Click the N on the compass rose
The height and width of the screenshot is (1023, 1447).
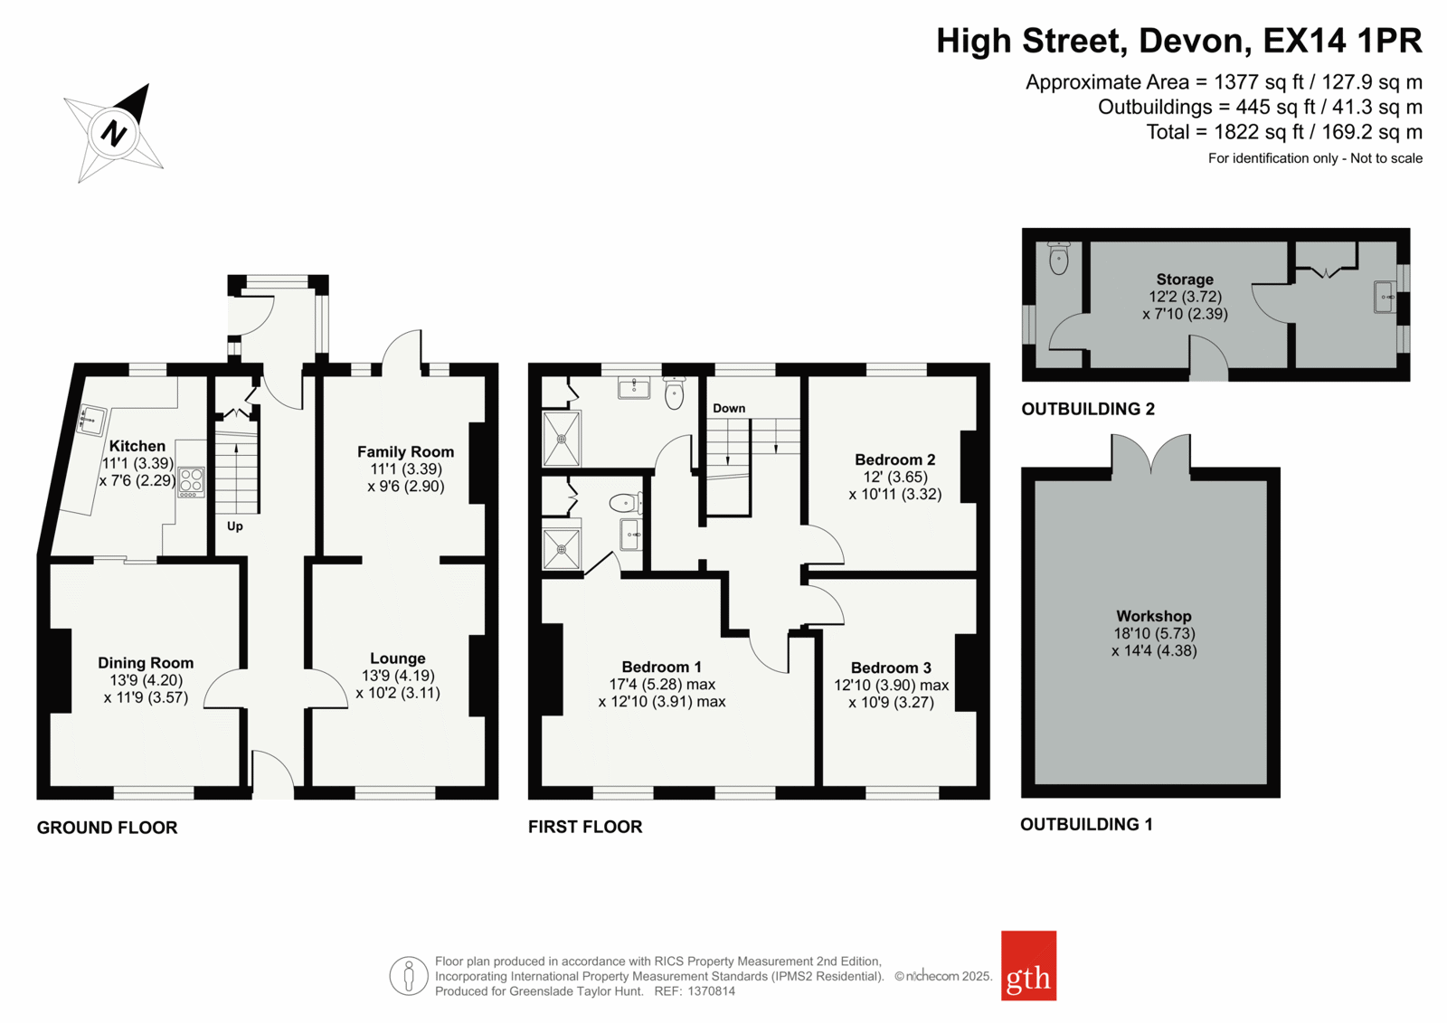(114, 134)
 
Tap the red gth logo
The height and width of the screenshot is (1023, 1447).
(1028, 965)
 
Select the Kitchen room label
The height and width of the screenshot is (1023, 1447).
(137, 446)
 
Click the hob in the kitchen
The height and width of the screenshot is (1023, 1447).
(191, 481)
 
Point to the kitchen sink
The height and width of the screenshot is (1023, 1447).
(91, 420)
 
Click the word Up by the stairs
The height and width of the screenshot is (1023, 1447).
(234, 526)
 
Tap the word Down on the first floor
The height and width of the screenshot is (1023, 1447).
(729, 409)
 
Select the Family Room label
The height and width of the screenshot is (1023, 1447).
(406, 451)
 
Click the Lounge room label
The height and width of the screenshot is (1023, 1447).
(397, 658)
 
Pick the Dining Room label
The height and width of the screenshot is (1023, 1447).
(146, 663)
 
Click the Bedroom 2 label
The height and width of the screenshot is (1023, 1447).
(894, 459)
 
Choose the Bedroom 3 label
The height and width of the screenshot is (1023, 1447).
(891, 668)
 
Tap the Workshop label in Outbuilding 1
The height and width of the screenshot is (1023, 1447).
(1154, 616)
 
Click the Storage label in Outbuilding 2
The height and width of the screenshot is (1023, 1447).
(1185, 279)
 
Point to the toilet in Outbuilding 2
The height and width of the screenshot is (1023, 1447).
(1059, 258)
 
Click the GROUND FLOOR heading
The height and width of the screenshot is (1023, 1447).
(107, 828)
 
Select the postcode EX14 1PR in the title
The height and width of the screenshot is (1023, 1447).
(1342, 41)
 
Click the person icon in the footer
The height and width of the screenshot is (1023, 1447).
(408, 976)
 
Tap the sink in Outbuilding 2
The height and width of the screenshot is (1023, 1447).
(1383, 297)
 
